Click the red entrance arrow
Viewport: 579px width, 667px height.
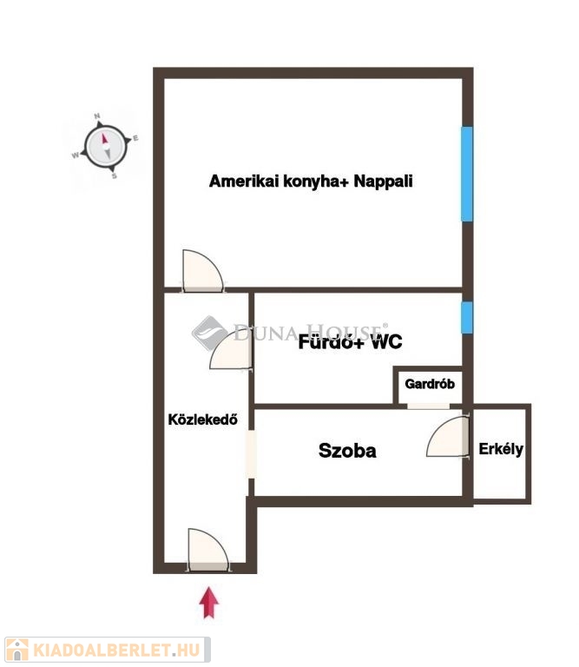(x=208, y=603)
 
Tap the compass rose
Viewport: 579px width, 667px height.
(x=106, y=147)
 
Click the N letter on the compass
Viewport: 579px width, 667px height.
(x=97, y=116)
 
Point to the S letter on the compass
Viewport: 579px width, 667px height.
(x=114, y=175)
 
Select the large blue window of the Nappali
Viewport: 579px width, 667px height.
(x=467, y=174)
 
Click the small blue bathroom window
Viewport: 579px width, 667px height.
(x=467, y=317)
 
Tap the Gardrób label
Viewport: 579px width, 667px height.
(x=430, y=384)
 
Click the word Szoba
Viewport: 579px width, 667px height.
(x=347, y=451)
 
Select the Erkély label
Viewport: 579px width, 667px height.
(x=501, y=449)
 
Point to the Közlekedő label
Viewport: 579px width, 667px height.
(x=203, y=419)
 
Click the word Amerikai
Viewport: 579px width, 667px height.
(x=244, y=182)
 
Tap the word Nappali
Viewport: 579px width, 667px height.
(x=383, y=182)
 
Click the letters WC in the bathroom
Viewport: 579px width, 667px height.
(x=386, y=341)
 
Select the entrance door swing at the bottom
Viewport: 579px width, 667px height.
(x=207, y=550)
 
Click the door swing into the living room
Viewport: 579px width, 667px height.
(x=203, y=271)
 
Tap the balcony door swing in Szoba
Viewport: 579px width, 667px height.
(x=448, y=437)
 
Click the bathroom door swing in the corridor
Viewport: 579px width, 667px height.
(x=232, y=350)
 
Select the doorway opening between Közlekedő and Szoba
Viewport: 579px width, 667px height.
(x=251, y=454)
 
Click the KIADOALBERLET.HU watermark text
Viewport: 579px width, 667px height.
(x=116, y=650)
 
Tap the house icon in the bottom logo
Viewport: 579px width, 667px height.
(x=17, y=650)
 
